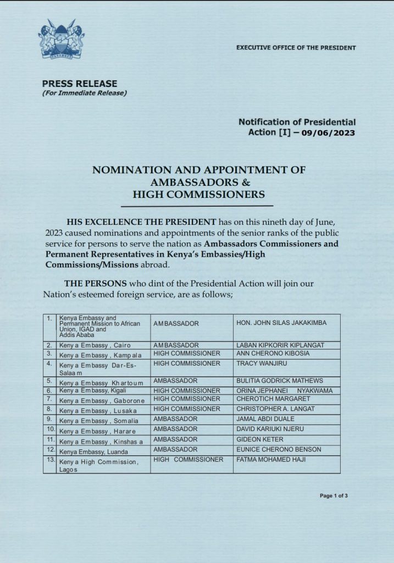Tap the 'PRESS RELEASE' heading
(80, 84)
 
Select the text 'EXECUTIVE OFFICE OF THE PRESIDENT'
(296, 48)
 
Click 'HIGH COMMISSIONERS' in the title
(199, 194)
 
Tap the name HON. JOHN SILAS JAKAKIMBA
(280, 323)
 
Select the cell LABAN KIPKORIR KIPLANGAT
(279, 345)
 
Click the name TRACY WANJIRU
(260, 364)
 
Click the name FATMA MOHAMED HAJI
(271, 459)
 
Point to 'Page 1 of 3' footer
(334, 496)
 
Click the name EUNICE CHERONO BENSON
(278, 450)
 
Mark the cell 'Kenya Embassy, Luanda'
(86, 450)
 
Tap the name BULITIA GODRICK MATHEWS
(279, 380)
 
